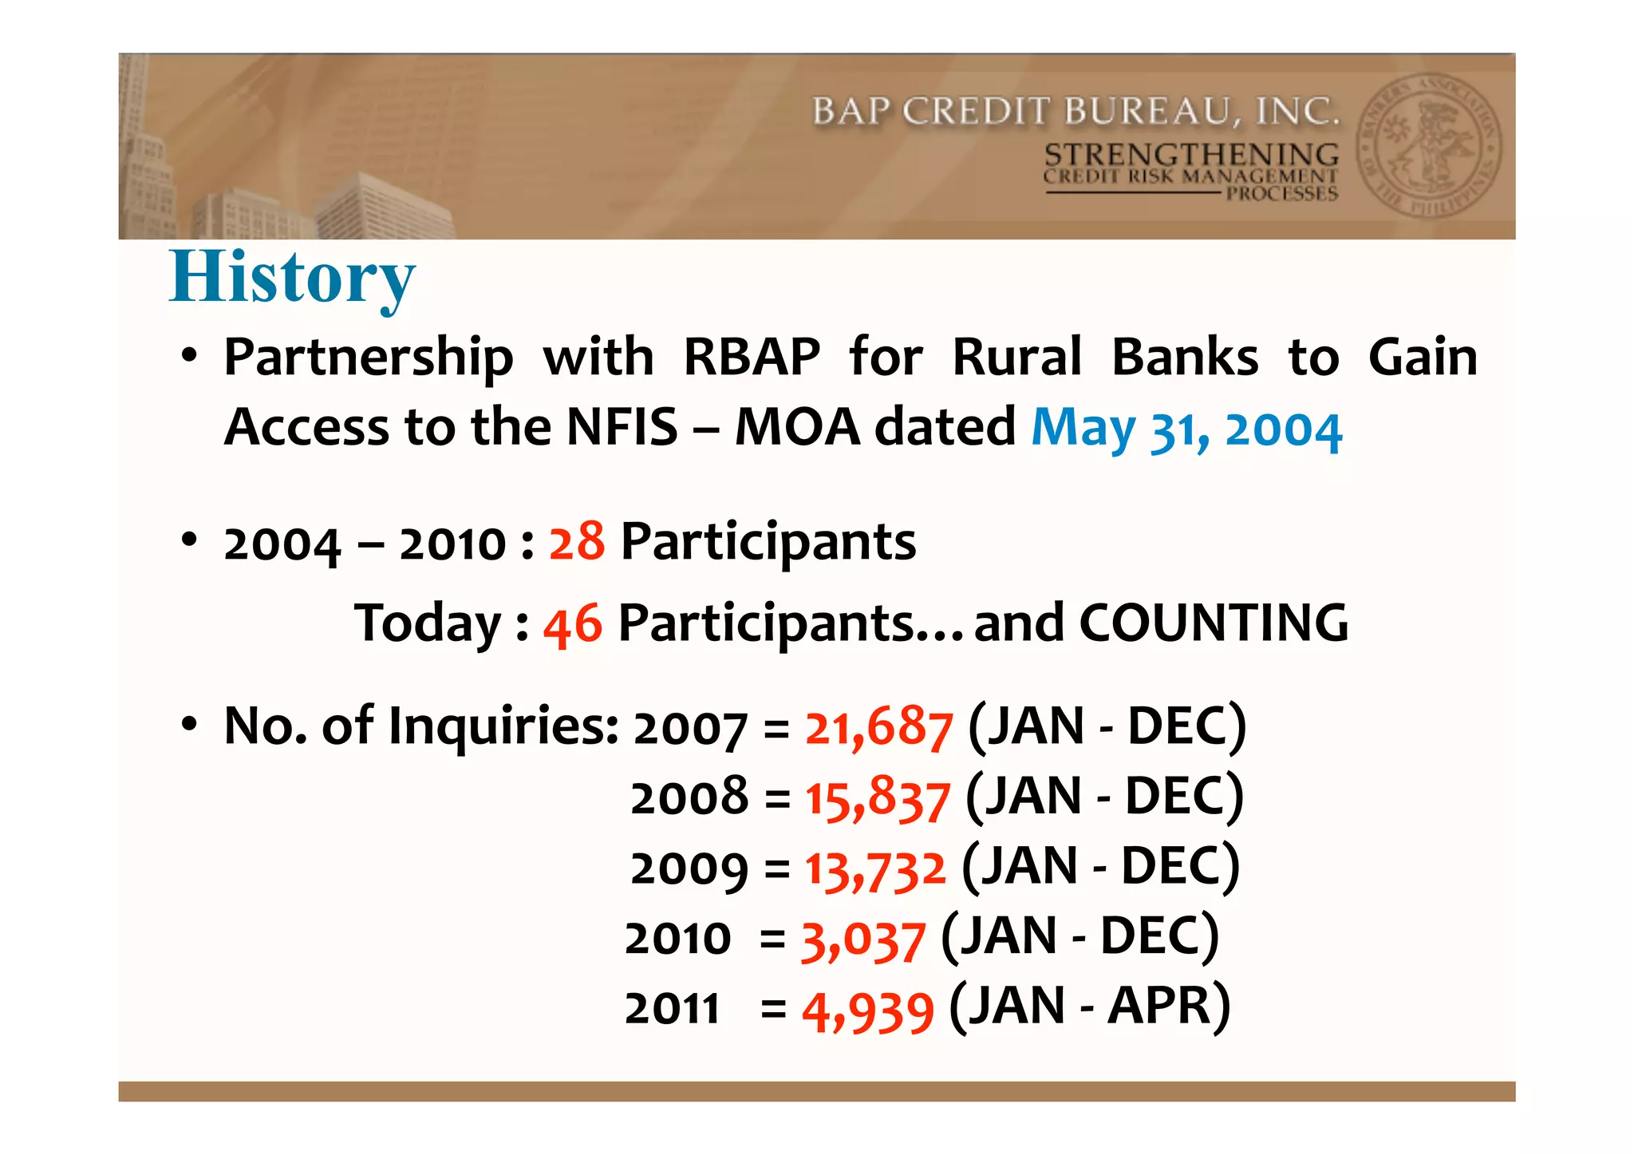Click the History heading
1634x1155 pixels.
292,278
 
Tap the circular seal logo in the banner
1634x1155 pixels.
1429,146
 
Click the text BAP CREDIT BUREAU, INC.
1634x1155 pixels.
1075,111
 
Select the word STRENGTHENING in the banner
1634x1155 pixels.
1191,153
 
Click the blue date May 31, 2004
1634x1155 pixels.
1186,429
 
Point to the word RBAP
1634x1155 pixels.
752,357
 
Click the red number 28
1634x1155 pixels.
576,542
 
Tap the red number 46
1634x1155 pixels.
573,623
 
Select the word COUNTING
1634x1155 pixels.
1214,623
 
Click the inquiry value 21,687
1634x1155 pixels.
878,727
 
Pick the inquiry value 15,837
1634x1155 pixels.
878,797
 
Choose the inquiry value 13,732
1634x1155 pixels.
875,868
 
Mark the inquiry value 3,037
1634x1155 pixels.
863,939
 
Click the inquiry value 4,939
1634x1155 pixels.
867,1009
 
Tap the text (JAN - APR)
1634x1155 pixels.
1090,1007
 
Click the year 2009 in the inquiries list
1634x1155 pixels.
689,868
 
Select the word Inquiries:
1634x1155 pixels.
503,726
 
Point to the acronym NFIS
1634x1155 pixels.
622,427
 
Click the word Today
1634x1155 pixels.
428,623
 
